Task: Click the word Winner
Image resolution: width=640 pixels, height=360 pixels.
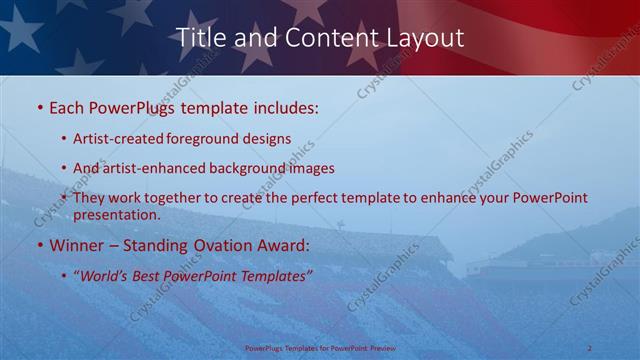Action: (76, 245)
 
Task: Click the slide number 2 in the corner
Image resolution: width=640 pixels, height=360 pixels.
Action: (590, 348)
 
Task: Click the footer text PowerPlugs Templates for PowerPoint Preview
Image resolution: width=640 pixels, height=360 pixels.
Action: (319, 349)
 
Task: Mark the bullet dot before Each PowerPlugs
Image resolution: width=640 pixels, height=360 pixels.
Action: (39, 107)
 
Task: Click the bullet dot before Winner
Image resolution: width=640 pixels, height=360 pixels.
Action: (39, 245)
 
